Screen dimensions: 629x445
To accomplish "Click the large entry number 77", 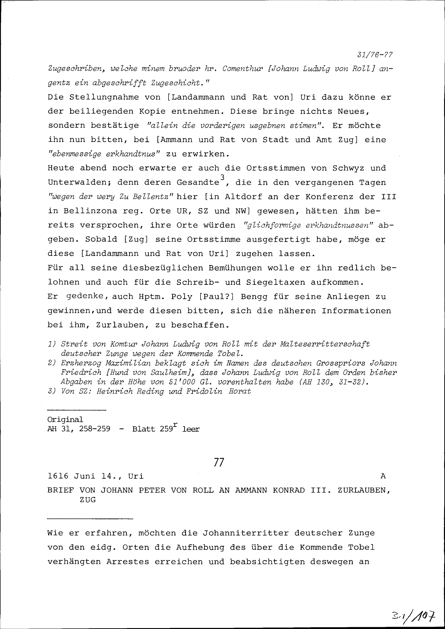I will [x=219, y=462].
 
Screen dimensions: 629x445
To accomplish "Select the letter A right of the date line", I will [x=383, y=476].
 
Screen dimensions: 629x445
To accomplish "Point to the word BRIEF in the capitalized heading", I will [x=61, y=490].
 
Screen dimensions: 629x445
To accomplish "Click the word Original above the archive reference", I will [x=65, y=420].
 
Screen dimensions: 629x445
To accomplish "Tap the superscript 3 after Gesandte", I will [x=222, y=177].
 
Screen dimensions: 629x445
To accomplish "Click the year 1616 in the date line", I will [x=58, y=476].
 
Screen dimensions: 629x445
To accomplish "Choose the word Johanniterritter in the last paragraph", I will [x=246, y=533].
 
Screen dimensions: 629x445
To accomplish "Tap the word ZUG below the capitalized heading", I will [x=88, y=500].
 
